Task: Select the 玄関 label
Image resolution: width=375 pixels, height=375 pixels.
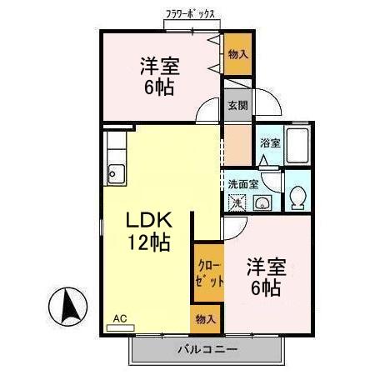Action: (x=237, y=105)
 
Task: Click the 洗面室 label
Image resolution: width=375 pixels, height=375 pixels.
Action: (x=242, y=184)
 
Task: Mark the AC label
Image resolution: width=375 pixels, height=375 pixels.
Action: (x=120, y=318)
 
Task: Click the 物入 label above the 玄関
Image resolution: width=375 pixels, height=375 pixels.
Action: (x=237, y=54)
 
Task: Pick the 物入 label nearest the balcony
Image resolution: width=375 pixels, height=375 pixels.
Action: (x=207, y=318)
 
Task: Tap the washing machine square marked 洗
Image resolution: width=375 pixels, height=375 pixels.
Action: (x=237, y=202)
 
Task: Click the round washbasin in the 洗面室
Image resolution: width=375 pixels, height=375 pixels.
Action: (x=262, y=202)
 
